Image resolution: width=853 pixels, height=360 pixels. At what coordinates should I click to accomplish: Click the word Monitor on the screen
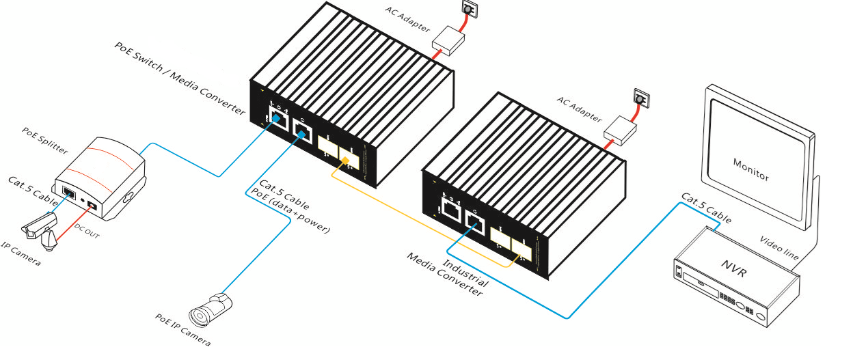(750, 170)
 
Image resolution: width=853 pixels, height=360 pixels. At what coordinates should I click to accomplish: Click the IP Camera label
(20, 255)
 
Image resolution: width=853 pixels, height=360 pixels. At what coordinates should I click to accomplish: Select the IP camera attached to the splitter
(41, 229)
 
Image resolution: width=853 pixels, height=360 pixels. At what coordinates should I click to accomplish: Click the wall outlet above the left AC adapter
(470, 9)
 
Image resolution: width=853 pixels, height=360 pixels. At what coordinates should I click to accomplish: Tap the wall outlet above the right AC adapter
(640, 98)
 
